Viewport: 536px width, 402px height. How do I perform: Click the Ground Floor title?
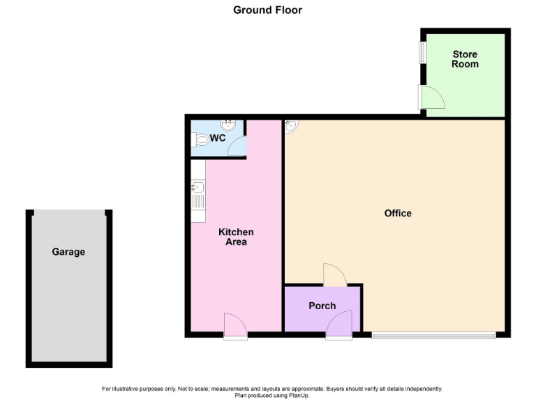pyautogui.click(x=267, y=10)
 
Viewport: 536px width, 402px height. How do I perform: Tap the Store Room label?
pyautogui.click(x=465, y=59)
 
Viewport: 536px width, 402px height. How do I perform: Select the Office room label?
pyautogui.click(x=398, y=213)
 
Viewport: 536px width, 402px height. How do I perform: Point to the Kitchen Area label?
pyautogui.click(x=236, y=237)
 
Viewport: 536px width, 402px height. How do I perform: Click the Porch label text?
pyautogui.click(x=322, y=306)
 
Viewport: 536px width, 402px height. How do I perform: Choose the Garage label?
pyautogui.click(x=68, y=252)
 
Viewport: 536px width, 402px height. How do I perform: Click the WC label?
pyautogui.click(x=217, y=138)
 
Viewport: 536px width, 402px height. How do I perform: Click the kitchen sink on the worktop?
pyautogui.click(x=198, y=187)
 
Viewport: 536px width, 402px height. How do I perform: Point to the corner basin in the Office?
pyautogui.click(x=291, y=126)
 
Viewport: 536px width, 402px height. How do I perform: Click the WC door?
pyautogui.click(x=236, y=146)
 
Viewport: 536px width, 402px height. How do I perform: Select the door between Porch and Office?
pyautogui.click(x=334, y=275)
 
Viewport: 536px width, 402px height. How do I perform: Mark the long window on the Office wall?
pyautogui.click(x=433, y=335)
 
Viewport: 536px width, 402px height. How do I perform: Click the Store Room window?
pyautogui.click(x=422, y=53)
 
